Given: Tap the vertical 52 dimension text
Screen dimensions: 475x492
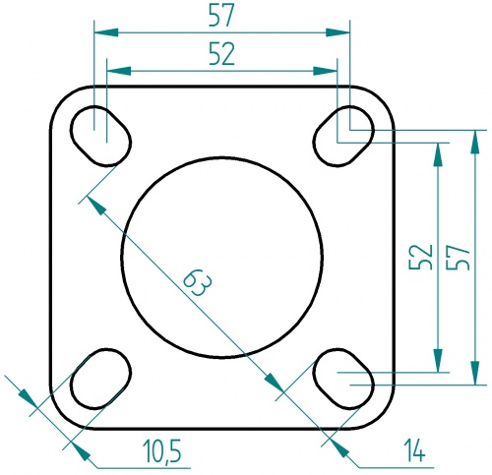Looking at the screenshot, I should (x=421, y=258).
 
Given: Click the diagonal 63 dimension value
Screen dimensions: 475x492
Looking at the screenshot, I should (x=197, y=285).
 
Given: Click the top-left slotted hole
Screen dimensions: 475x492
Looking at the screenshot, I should (x=100, y=135).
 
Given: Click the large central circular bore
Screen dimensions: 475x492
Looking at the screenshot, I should (x=222, y=257).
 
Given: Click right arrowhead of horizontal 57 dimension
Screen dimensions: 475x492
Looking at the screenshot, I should (x=343, y=32).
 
